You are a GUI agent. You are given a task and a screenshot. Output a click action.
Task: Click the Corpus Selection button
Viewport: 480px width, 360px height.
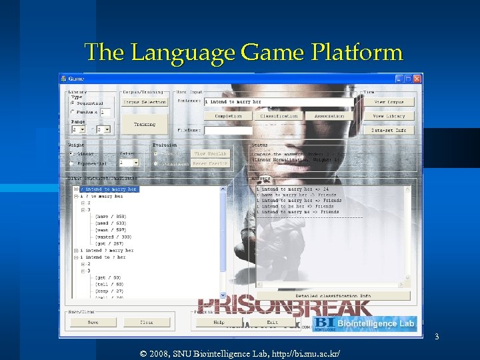click(x=144, y=102)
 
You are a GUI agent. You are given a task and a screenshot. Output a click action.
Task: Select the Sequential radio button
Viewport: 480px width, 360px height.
click(x=73, y=103)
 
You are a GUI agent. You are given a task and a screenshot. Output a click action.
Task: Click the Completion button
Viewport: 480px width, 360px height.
click(x=228, y=116)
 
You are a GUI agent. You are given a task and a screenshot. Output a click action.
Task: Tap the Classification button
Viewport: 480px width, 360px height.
click(x=279, y=116)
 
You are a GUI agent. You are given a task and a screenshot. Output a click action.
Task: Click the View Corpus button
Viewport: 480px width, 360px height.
click(x=389, y=102)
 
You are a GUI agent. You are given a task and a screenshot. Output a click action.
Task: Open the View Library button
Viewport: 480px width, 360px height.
click(x=389, y=116)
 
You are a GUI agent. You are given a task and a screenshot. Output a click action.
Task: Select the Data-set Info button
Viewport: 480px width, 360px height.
click(x=389, y=130)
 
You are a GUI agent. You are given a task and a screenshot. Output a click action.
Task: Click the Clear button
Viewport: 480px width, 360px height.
click(x=146, y=323)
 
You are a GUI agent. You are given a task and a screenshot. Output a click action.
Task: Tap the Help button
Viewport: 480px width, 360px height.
click(x=218, y=323)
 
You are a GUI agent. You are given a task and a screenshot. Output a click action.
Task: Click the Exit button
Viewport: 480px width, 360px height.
click(x=272, y=323)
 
